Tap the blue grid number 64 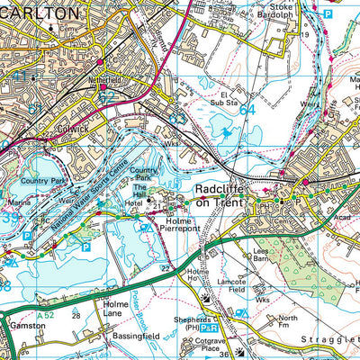(247, 110)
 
